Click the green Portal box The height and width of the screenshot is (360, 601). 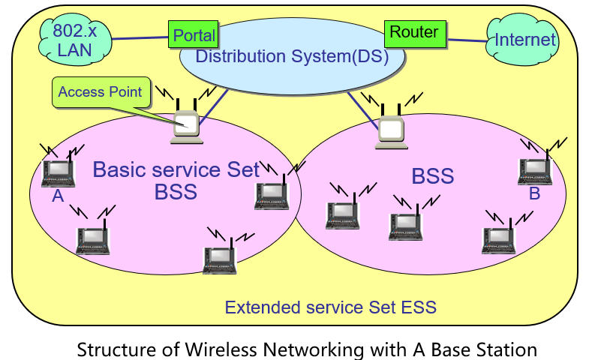click(194, 34)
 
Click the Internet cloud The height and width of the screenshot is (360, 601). click(524, 40)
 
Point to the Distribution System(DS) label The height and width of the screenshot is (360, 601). click(292, 56)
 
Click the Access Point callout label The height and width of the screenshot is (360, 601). click(100, 92)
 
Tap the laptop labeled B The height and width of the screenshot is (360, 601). click(535, 170)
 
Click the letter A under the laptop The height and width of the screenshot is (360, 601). click(58, 197)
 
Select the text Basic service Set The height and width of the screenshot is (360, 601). click(176, 169)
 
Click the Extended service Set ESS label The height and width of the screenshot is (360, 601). click(330, 307)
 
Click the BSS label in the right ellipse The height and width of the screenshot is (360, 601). click(433, 176)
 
